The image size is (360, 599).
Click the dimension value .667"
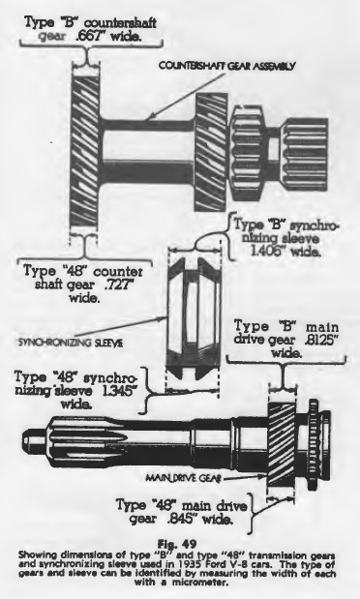85,38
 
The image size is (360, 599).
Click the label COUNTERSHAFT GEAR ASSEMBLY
227,66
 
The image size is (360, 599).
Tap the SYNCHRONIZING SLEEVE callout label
71,343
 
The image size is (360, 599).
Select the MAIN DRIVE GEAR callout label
183,478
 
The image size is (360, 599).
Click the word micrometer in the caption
203,583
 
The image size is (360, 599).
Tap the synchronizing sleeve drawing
194,319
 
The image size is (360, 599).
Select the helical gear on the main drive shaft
282,444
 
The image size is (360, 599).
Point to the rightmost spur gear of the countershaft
305,155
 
